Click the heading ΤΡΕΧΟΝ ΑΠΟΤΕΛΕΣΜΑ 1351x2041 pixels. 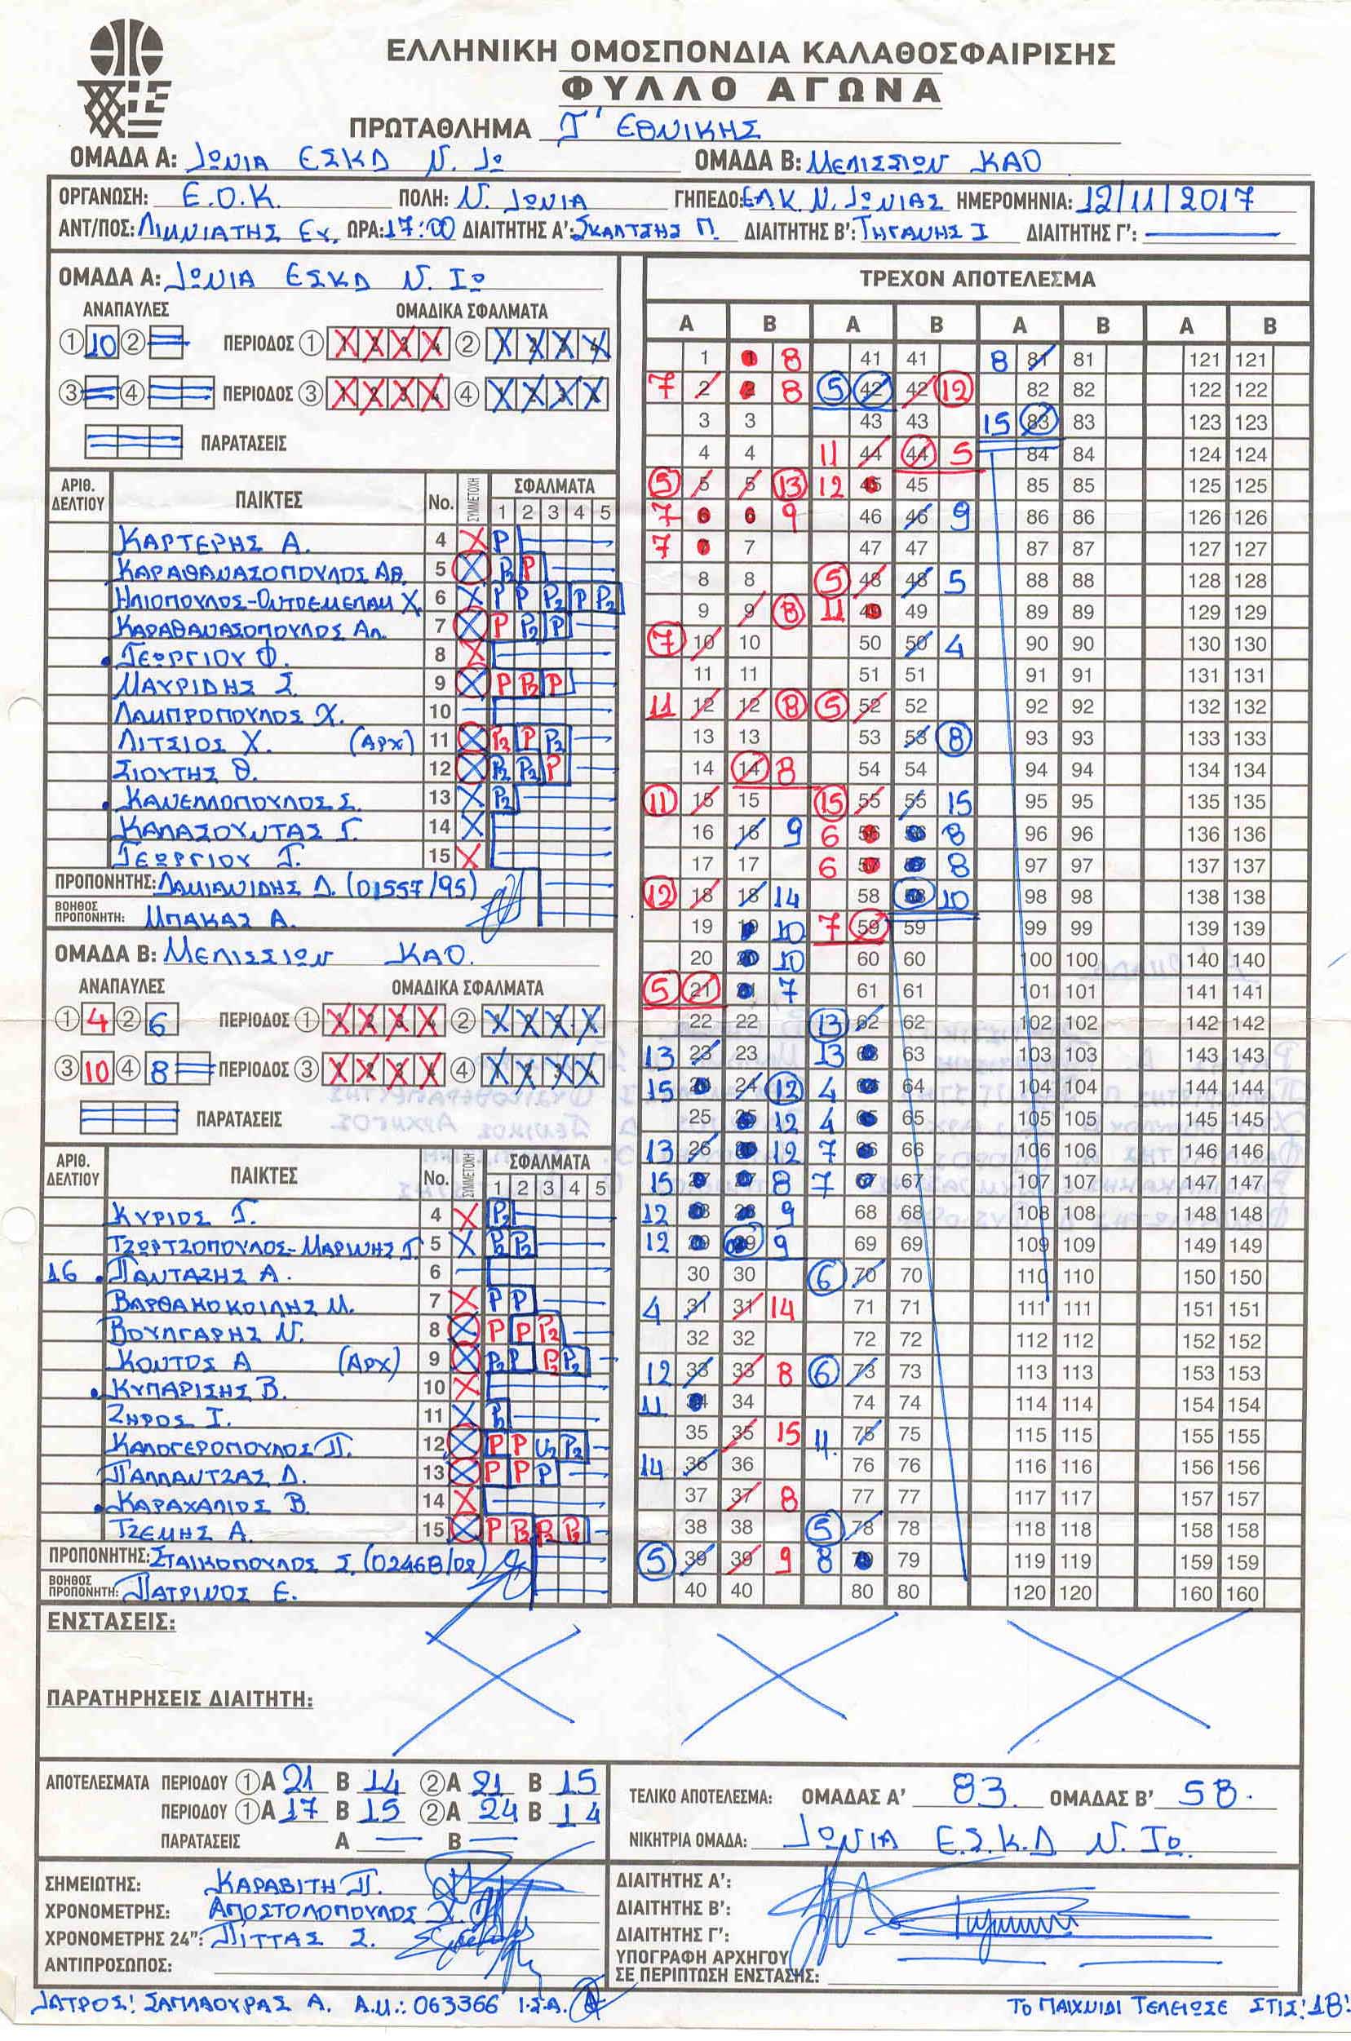click(977, 279)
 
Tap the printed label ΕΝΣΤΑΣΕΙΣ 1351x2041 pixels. click(110, 1623)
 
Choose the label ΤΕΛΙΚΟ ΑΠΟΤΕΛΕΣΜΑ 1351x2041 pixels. click(700, 1798)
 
